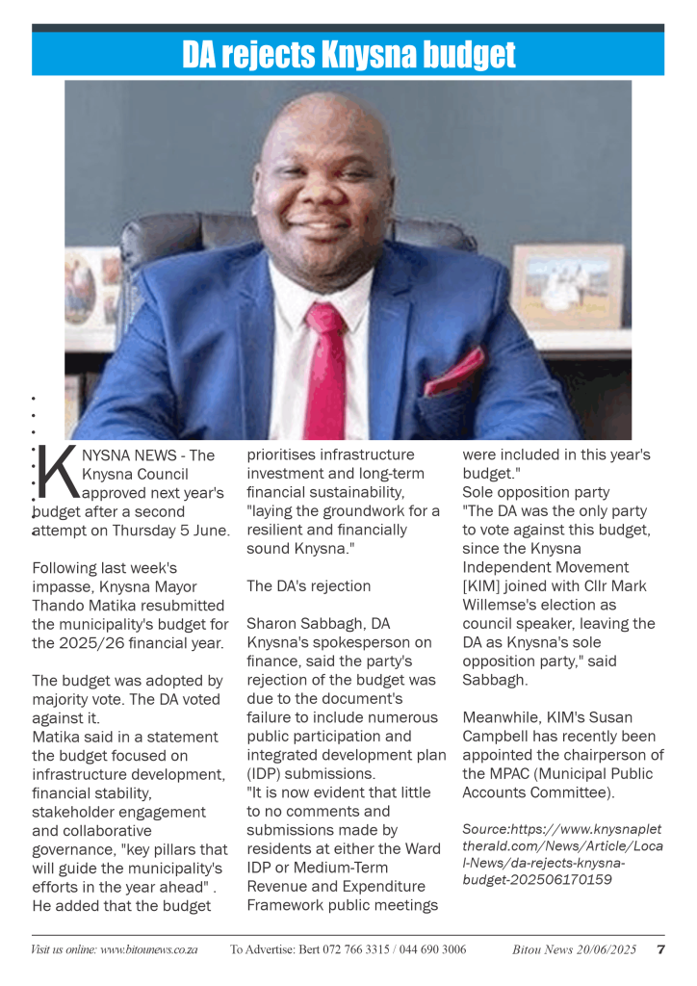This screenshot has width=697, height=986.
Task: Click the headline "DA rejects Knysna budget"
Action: click(x=348, y=54)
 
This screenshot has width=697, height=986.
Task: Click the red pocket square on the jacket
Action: click(x=454, y=372)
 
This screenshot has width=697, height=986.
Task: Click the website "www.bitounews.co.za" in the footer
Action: click(x=149, y=949)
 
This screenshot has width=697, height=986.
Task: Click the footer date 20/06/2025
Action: click(x=602, y=949)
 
